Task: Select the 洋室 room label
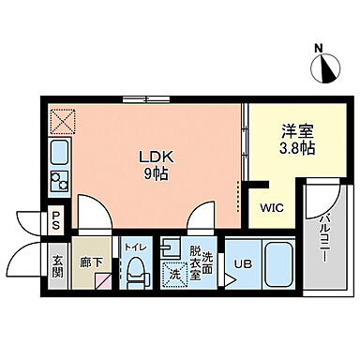pyautogui.click(x=297, y=132)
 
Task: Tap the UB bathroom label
pyautogui.click(x=243, y=263)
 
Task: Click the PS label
pyautogui.click(x=56, y=222)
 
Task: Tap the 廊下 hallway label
pyautogui.click(x=92, y=265)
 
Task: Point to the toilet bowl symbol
pyautogui.click(x=135, y=270)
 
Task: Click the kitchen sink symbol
pyautogui.click(x=59, y=154)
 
